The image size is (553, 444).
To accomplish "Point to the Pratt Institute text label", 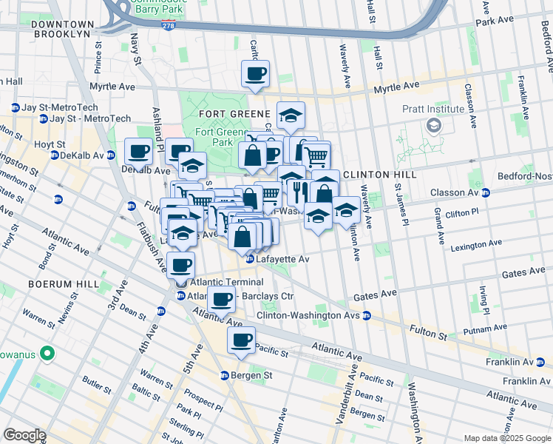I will (432, 109).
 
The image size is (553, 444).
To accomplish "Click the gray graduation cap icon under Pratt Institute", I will (432, 124).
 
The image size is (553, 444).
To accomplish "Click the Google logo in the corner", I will (24, 435).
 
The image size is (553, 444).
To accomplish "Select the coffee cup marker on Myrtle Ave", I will (255, 74).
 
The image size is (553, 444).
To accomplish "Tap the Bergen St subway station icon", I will (225, 376).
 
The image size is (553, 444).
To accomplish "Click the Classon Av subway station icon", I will (486, 192).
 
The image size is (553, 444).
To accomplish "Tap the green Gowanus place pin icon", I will (49, 354).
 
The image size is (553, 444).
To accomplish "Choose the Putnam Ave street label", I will (485, 326).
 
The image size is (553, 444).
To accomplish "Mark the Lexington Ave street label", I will (476, 243).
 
